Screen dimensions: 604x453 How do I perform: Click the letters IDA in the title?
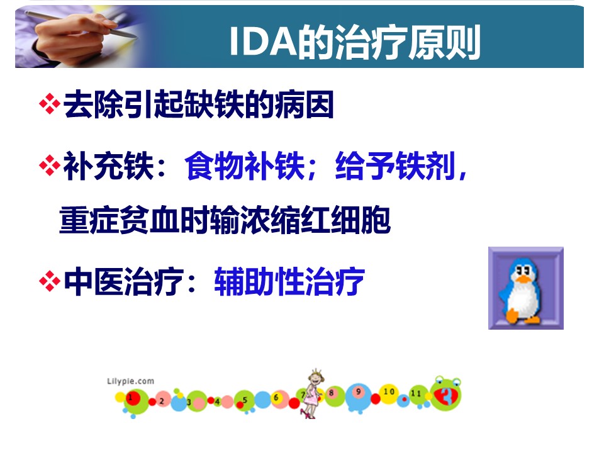click(263, 42)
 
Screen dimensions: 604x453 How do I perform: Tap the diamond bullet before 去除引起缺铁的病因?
click(50, 104)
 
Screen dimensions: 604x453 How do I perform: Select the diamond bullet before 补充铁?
click(50, 165)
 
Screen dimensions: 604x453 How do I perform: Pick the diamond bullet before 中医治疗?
click(50, 281)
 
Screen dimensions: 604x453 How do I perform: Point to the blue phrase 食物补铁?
click(245, 165)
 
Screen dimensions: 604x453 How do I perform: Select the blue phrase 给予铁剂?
click(395, 165)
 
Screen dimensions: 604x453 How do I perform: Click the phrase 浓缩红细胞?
click(315, 220)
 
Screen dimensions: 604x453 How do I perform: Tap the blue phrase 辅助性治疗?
click(289, 281)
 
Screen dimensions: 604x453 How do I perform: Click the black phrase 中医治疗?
click(124, 281)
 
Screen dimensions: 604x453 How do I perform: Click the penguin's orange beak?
click(523, 278)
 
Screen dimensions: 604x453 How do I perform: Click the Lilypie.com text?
click(131, 381)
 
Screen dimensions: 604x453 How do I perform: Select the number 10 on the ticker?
click(389, 391)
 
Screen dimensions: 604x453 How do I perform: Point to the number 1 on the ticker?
click(130, 397)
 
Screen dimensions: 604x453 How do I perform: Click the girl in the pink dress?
click(312, 394)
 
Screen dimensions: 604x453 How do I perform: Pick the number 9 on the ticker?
click(358, 391)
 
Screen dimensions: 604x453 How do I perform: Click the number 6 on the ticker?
click(276, 397)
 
